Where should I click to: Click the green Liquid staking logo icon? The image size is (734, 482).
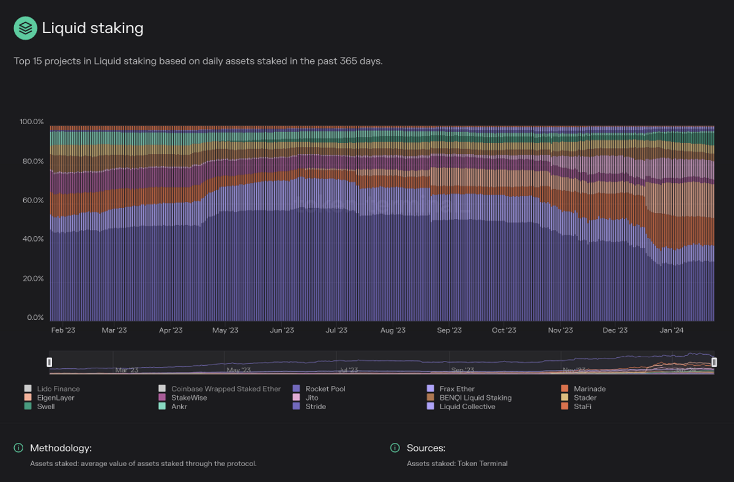pos(25,28)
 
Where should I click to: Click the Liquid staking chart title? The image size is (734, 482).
pos(92,28)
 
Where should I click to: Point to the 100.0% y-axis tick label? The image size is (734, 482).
pos(32,122)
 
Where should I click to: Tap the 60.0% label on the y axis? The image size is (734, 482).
pos(32,201)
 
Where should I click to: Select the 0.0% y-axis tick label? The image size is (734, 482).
pos(35,317)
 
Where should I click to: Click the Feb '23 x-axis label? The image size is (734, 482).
pos(63,330)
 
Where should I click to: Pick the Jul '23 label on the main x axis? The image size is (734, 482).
pos(336,330)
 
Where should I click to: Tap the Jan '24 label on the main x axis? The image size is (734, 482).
pos(672,330)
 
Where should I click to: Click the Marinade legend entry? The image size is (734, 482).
pos(589,389)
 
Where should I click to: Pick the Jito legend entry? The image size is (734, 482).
pos(311,398)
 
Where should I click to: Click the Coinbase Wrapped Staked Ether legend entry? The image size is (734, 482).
pos(225,389)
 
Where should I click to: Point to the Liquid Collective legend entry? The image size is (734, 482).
pos(467,407)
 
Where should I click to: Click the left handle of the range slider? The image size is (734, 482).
pos(50,362)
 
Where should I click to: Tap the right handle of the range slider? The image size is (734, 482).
pos(714,362)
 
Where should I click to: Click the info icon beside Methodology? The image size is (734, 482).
pos(19,448)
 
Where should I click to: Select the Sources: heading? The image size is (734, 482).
pos(426,448)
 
